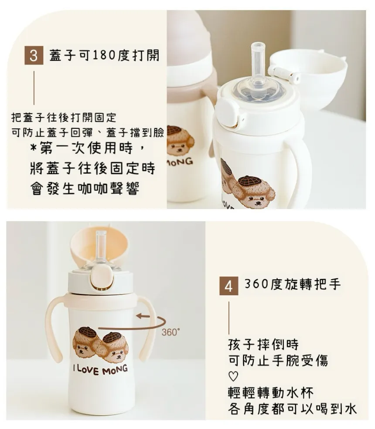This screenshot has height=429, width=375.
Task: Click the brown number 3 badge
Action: click(34, 55)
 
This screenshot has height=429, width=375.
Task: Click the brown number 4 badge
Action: click(229, 286)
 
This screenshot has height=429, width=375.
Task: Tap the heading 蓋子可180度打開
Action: click(104, 55)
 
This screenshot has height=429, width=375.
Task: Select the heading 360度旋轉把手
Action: click(293, 284)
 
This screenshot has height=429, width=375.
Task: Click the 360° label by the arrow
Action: click(171, 332)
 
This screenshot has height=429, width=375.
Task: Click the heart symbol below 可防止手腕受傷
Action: click(233, 376)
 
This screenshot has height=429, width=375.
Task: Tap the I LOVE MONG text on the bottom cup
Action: click(100, 369)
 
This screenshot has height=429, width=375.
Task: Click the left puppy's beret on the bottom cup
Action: click(88, 331)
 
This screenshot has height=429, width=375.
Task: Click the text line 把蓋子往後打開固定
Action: click(64, 118)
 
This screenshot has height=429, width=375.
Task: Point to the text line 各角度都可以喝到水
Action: click(292, 409)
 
